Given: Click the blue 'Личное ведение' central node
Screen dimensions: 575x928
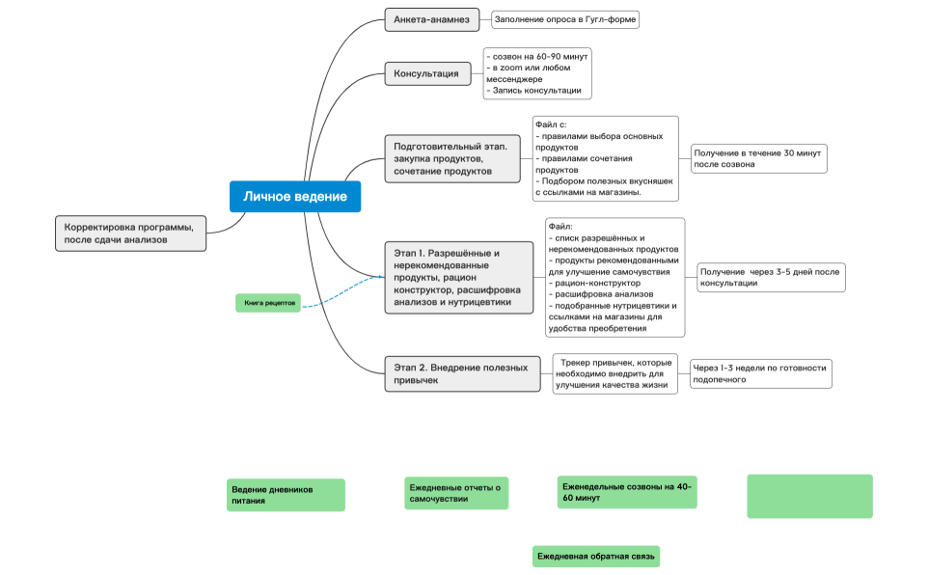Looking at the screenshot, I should pyautogui.click(x=295, y=197).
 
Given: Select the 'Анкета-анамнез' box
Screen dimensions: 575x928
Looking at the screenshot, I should pyautogui.click(x=432, y=19).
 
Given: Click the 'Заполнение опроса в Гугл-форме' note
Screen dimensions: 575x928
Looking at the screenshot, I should pyautogui.click(x=565, y=19).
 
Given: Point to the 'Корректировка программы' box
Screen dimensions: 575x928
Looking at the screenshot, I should pyautogui.click(x=130, y=233).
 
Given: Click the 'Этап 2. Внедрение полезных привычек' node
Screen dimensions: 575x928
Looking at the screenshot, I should pyautogui.click(x=462, y=373).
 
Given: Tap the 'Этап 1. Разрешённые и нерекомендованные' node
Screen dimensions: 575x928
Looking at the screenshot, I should pyautogui.click(x=458, y=278).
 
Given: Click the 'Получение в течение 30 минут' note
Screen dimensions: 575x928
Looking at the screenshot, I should pyautogui.click(x=758, y=159).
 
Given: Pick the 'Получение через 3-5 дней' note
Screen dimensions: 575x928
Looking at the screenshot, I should pyautogui.click(x=771, y=278).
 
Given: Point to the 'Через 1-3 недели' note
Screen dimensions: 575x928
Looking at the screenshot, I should pyautogui.click(x=760, y=373).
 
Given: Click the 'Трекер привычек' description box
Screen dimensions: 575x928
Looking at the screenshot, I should pyautogui.click(x=614, y=373).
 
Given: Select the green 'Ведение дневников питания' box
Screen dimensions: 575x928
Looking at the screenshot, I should pyautogui.click(x=286, y=495).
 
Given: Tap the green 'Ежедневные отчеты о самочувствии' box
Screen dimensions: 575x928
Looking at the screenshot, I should pyautogui.click(x=456, y=493).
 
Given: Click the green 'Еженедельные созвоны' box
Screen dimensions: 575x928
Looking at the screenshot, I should pyautogui.click(x=626, y=492).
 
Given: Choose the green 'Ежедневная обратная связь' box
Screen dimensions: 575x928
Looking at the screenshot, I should pyautogui.click(x=596, y=557).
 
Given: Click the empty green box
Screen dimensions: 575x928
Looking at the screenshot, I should pyautogui.click(x=809, y=496).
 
